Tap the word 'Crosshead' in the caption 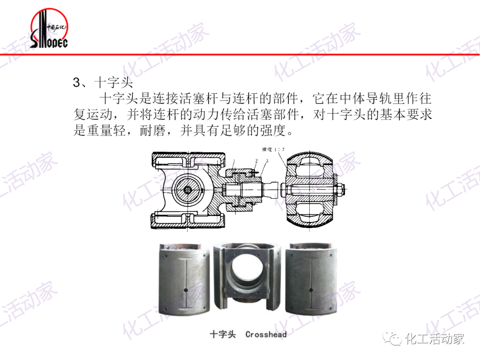click(266, 334)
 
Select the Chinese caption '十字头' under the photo click(222, 334)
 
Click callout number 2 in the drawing click(256, 160)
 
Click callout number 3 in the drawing click(267, 160)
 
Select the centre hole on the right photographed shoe click(311, 291)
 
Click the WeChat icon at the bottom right click(393, 339)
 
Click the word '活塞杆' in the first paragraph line click(205, 98)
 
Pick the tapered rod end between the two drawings click(271, 190)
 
